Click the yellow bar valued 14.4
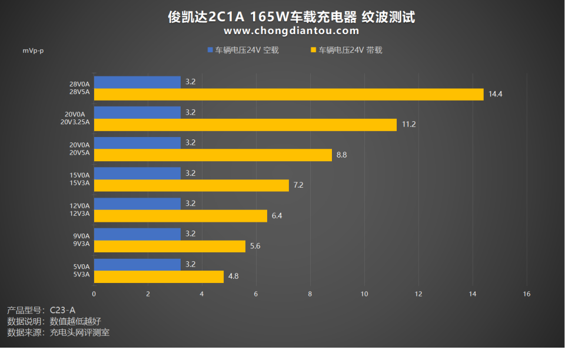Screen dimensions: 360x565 [x=288, y=94]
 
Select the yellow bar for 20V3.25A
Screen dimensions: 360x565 [x=245, y=125]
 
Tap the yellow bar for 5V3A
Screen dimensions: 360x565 [x=159, y=276]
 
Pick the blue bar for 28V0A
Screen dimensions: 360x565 [x=137, y=82]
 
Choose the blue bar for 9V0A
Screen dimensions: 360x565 [x=137, y=234]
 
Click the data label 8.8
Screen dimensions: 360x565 [x=342, y=155]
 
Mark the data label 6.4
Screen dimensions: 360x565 [x=277, y=216]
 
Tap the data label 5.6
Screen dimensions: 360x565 [x=255, y=246]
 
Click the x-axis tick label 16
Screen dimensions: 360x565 [x=527, y=294]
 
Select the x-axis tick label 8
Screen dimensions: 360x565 [x=310, y=294]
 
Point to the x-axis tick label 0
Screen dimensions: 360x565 [x=94, y=294]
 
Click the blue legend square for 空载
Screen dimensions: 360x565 [x=210, y=50]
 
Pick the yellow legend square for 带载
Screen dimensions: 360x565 [x=314, y=50]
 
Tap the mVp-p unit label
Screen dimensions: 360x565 [x=33, y=51]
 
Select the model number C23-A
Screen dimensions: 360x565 [x=63, y=309]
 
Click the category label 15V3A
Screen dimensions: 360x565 [x=79, y=183]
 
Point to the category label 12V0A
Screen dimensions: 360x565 [x=79, y=205]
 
